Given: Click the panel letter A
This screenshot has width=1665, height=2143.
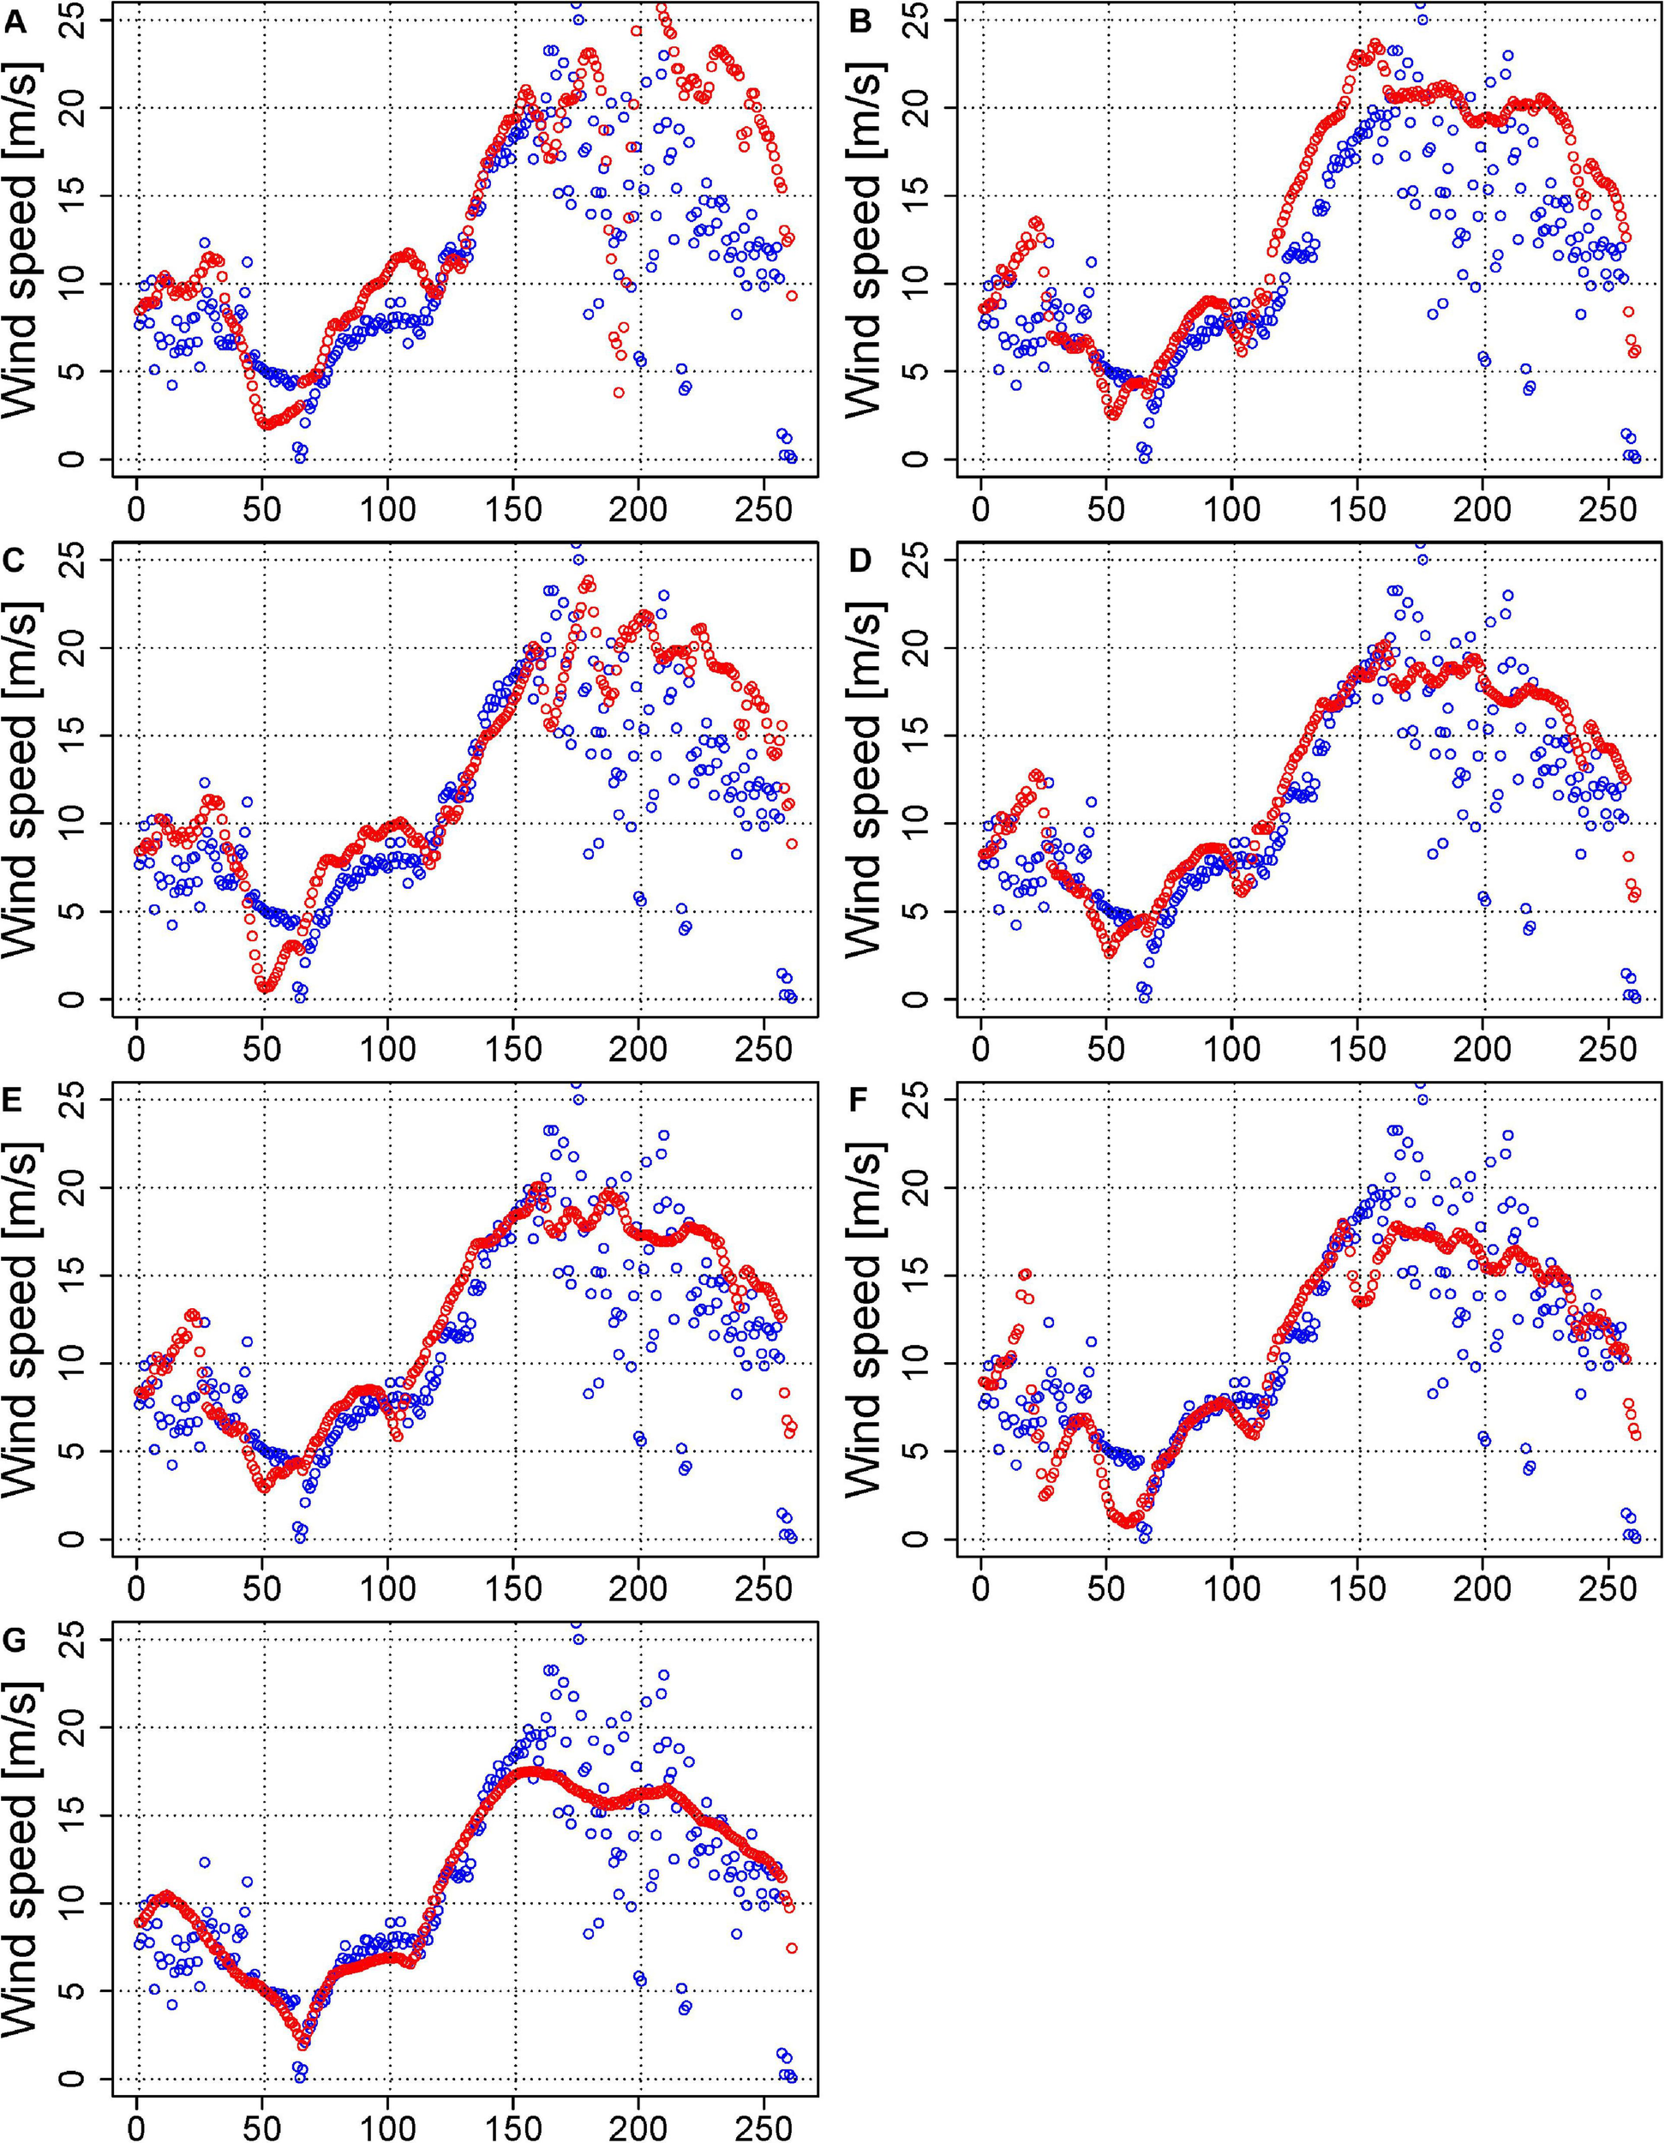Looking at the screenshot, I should pos(15,21).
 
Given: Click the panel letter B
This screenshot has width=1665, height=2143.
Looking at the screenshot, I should pos(859,21).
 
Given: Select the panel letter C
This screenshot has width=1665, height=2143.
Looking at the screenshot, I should pos(15,561).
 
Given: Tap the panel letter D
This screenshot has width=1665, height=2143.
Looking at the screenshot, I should pos(859,561).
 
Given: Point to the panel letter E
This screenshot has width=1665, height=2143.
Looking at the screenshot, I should pos(15,1101).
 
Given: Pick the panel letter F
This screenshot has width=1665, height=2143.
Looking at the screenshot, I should pos(859,1101).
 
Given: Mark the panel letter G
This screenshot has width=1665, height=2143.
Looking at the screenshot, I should pos(15,1641).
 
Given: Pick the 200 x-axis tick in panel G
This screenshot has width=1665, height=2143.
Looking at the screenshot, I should pos(638,2128).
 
